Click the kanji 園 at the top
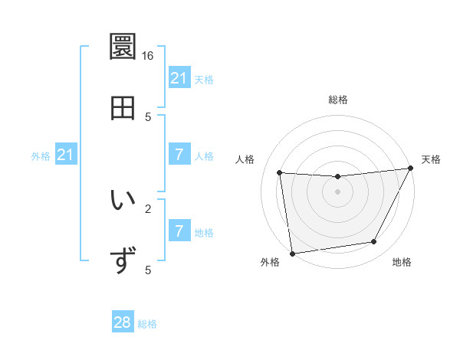click(123, 47)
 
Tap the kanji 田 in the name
click(123, 108)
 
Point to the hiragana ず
click(123, 260)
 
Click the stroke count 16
click(148, 56)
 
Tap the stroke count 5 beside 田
click(148, 116)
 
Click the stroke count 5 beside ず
click(148, 270)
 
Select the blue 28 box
click(123, 322)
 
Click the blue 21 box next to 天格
click(179, 78)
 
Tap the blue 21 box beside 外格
click(65, 155)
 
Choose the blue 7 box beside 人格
click(179, 155)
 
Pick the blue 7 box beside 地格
click(179, 231)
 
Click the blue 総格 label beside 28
click(148, 324)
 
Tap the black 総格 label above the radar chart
click(337, 100)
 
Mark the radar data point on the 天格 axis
click(411, 169)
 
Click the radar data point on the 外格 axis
click(292, 253)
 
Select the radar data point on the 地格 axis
click(374, 242)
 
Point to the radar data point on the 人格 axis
click(280, 173)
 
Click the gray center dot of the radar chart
click(337, 191)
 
